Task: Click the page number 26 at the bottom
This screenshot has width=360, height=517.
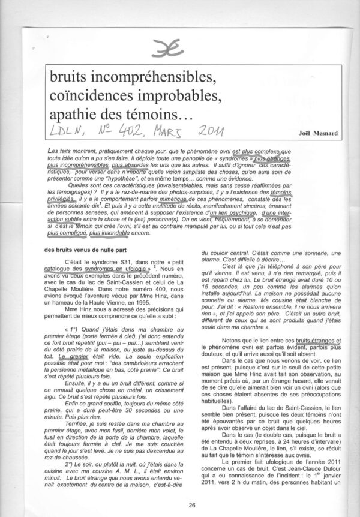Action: (179, 506)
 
